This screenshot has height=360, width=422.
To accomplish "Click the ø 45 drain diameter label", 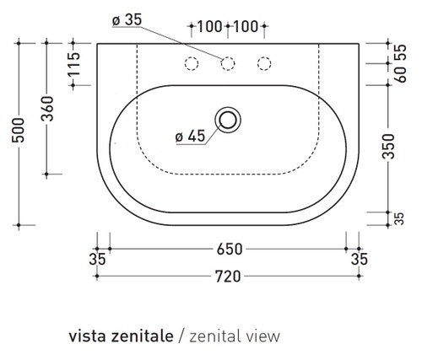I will (x=191, y=134).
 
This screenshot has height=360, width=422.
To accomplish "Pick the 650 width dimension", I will (x=228, y=250).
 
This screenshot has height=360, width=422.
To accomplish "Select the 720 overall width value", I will (x=228, y=275).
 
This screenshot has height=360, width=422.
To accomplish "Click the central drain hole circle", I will (x=228, y=119).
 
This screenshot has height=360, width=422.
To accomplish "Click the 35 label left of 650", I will (x=99, y=260).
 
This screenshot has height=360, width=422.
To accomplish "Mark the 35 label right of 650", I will (x=359, y=260).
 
